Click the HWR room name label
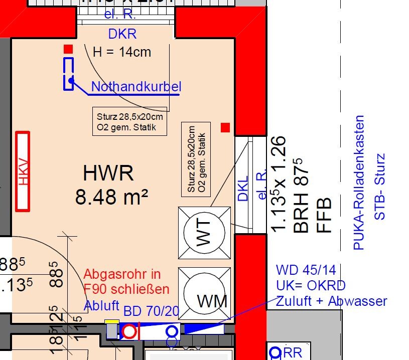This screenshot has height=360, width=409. [x=108, y=174]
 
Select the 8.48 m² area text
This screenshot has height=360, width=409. [x=111, y=197]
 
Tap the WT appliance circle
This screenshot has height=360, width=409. [x=205, y=234]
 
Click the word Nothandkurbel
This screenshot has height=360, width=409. [x=136, y=87]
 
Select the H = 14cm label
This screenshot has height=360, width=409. [x=122, y=52]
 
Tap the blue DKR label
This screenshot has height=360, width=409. [x=122, y=35]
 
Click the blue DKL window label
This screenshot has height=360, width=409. [x=243, y=188]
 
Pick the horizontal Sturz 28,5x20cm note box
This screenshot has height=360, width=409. [x=130, y=122]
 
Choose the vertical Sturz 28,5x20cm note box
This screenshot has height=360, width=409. [x=196, y=159]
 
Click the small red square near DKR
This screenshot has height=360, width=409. [x=68, y=49]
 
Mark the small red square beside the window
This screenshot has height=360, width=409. [x=225, y=127]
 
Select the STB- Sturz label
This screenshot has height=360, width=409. [x=380, y=187]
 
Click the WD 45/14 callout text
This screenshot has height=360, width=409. [x=306, y=270]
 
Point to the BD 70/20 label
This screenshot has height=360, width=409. [x=151, y=311]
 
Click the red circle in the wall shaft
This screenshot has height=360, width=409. [x=129, y=331]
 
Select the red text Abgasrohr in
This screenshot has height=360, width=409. [x=122, y=274]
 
